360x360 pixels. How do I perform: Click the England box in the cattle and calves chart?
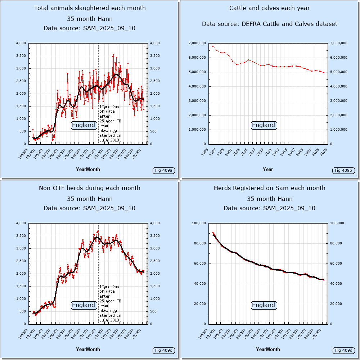pos(264,125)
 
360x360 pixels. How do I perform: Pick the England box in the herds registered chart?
pos(264,305)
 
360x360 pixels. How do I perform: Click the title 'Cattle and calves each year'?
pos(270,8)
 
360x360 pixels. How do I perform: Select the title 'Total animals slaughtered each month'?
pos(90,8)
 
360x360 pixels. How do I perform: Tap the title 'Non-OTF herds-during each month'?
pos(90,188)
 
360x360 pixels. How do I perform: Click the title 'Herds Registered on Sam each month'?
pos(270,188)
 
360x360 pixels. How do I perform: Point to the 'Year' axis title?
pos(268,169)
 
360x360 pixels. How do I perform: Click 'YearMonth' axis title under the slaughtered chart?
pos(88,169)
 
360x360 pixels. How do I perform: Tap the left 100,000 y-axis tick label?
pos(198,223)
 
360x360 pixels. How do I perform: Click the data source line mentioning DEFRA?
pos(270,24)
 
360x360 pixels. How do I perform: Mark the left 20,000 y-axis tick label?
pos(199,304)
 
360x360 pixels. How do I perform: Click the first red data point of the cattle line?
pos(213,46)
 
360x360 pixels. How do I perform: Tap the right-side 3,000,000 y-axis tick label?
pos(339,101)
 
